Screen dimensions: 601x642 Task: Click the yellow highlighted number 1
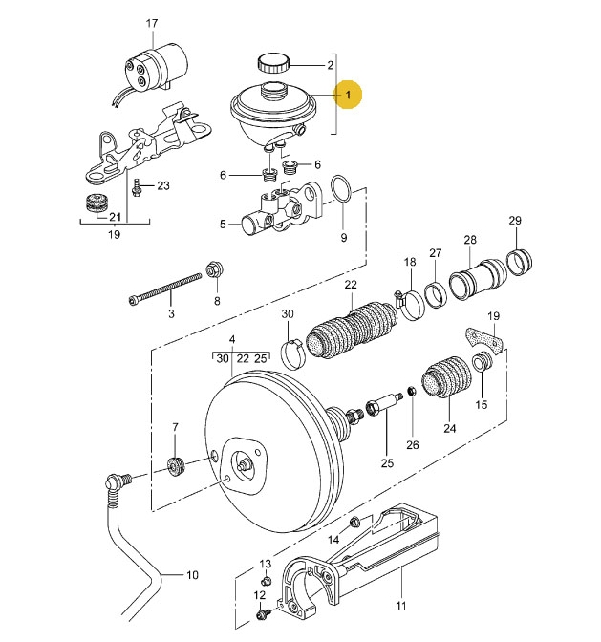tap(348, 95)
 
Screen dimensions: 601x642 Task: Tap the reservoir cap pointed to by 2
tap(273, 63)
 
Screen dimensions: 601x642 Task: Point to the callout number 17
tap(152, 23)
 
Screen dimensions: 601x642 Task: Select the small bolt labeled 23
tap(137, 187)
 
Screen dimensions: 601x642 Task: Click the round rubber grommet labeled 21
tap(97, 202)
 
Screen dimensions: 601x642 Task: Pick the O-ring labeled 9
tap(341, 189)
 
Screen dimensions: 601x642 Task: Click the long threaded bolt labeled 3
tap(165, 289)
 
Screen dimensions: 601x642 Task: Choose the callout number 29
tap(515, 221)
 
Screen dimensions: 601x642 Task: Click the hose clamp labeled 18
tap(409, 304)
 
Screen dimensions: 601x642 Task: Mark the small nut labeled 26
tap(413, 391)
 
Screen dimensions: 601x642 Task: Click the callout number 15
tap(482, 404)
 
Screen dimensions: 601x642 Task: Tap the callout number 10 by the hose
tap(192, 575)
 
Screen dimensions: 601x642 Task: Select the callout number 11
tap(400, 605)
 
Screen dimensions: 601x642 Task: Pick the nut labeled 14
tap(354, 522)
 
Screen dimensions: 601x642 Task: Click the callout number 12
tap(260, 595)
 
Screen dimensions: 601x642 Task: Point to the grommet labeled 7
tap(177, 467)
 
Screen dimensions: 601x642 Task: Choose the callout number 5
tap(223, 224)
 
